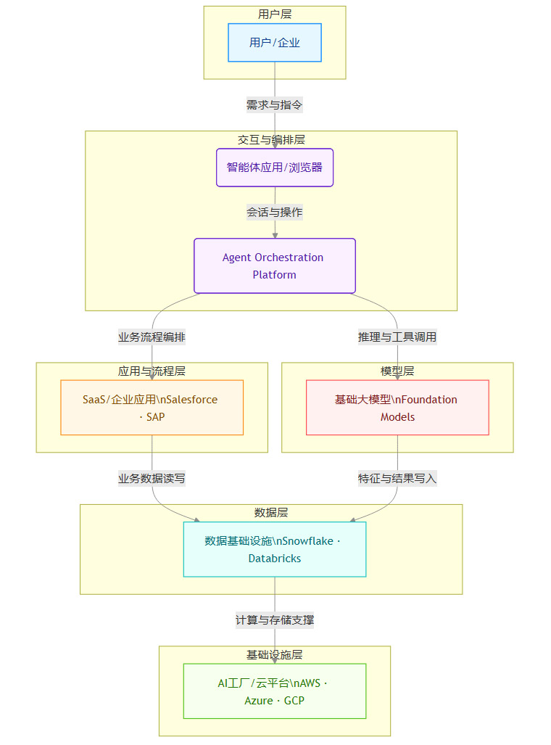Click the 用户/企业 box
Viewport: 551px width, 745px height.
(x=275, y=43)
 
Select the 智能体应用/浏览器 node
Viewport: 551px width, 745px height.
(x=275, y=168)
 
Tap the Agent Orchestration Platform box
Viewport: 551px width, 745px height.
(x=275, y=266)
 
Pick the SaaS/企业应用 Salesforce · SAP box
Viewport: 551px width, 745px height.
(x=152, y=408)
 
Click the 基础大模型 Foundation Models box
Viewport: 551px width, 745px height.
(x=397, y=408)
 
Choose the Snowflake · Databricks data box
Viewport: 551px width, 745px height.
(x=275, y=549)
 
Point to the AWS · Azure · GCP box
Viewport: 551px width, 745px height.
(x=275, y=691)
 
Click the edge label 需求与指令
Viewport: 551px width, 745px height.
(x=275, y=105)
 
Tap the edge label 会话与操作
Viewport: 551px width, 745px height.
(x=275, y=213)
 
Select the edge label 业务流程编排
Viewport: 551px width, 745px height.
(x=152, y=337)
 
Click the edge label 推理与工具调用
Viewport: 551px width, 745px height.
(x=397, y=337)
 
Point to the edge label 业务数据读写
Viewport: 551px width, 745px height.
(x=152, y=479)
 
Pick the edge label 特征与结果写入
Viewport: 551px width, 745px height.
(x=397, y=479)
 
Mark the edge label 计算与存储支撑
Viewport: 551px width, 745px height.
(x=275, y=620)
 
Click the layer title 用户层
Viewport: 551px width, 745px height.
(x=275, y=15)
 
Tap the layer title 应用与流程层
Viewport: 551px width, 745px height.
(x=152, y=371)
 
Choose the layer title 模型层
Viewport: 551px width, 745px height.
(x=397, y=371)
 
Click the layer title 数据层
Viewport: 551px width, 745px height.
(x=271, y=513)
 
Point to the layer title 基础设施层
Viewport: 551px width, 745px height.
(x=275, y=655)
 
